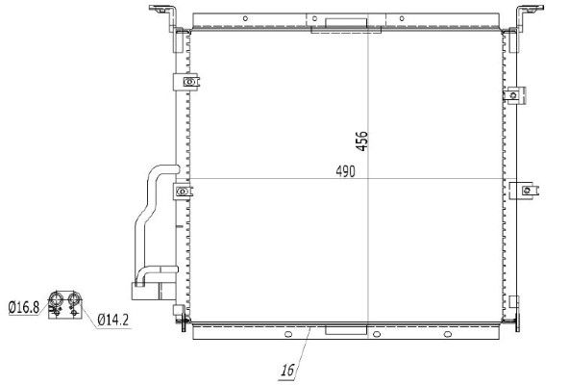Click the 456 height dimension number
pos(361,140)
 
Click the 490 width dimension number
pos(346,172)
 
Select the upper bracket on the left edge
pos(188,83)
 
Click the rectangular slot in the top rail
pos(331,24)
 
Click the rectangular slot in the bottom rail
pos(340,331)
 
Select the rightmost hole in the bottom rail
pos(449,336)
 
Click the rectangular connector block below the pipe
pos(136,288)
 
